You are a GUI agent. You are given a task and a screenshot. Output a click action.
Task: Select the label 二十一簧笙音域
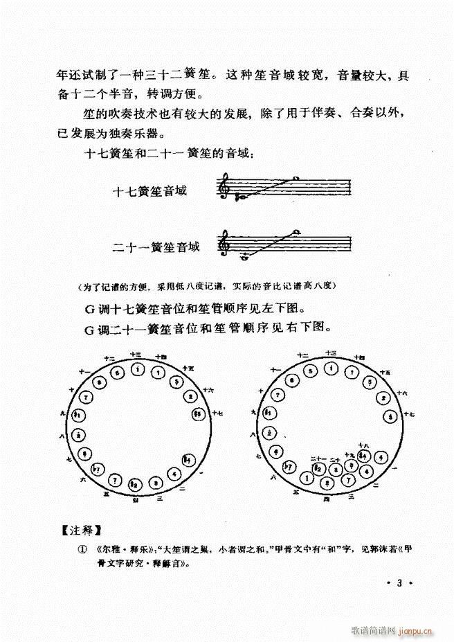point(156,246)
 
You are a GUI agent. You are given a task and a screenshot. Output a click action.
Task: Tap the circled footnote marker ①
point(83,549)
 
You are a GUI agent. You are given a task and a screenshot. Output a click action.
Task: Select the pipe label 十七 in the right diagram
point(409,414)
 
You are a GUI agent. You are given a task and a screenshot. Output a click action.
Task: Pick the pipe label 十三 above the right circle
point(329,353)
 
